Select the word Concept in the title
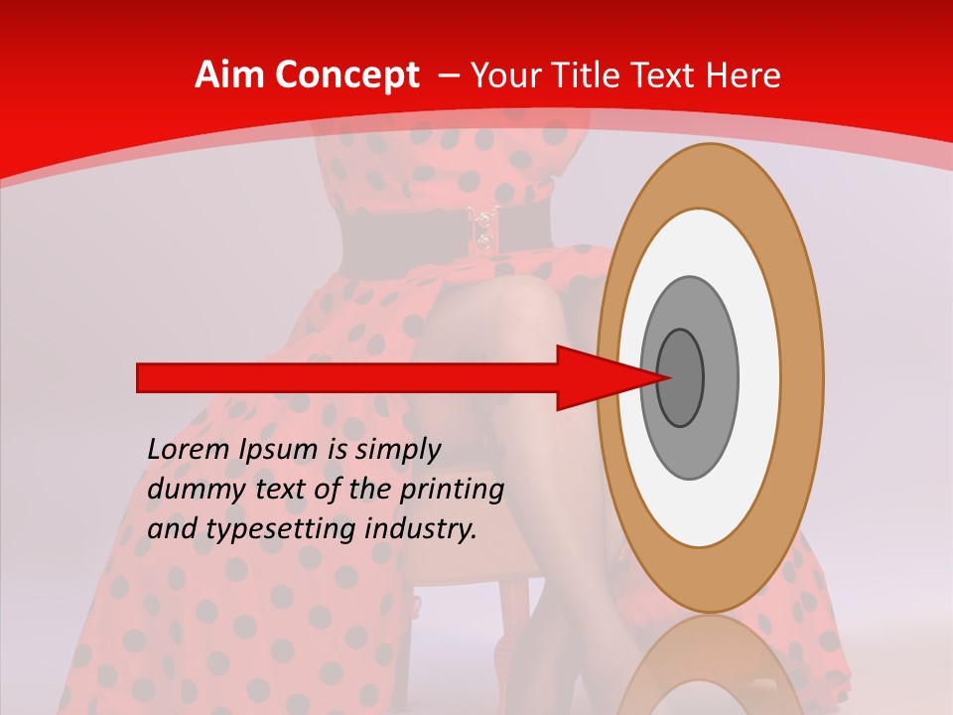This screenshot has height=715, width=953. tap(346, 75)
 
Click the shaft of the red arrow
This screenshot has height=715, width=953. tap(347, 377)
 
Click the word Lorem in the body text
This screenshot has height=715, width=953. tap(188, 450)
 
